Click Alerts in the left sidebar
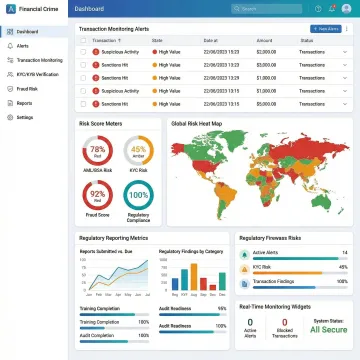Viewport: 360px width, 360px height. [x=22, y=46]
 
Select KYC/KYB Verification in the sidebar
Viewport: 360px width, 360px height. [x=36, y=74]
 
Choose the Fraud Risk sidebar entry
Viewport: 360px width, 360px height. [x=25, y=88]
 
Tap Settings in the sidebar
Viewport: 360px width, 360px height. [x=24, y=117]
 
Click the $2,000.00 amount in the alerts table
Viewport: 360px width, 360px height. [x=264, y=51]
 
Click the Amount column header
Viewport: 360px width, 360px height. [x=263, y=40]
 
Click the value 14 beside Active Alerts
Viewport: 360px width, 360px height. [x=344, y=253]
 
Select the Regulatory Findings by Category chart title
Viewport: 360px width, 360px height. [x=191, y=251]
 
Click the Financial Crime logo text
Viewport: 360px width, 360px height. [x=37, y=9]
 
